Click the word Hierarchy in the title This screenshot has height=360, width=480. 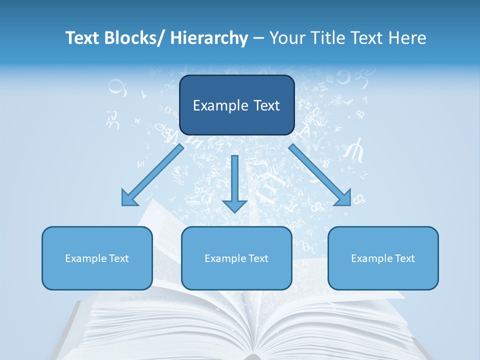coord(209,38)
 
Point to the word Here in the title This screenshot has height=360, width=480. coord(407,38)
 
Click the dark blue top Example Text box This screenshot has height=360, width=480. coord(236,105)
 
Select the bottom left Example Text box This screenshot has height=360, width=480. coord(97,258)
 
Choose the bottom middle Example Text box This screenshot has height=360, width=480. coord(236,258)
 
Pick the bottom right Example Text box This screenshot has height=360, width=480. coord(383,258)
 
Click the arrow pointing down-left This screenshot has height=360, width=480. coord(152,175)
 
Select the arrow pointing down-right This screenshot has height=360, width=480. coord(320,175)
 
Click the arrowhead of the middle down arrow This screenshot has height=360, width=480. coord(234,205)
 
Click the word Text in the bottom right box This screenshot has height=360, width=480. coord(403,258)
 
